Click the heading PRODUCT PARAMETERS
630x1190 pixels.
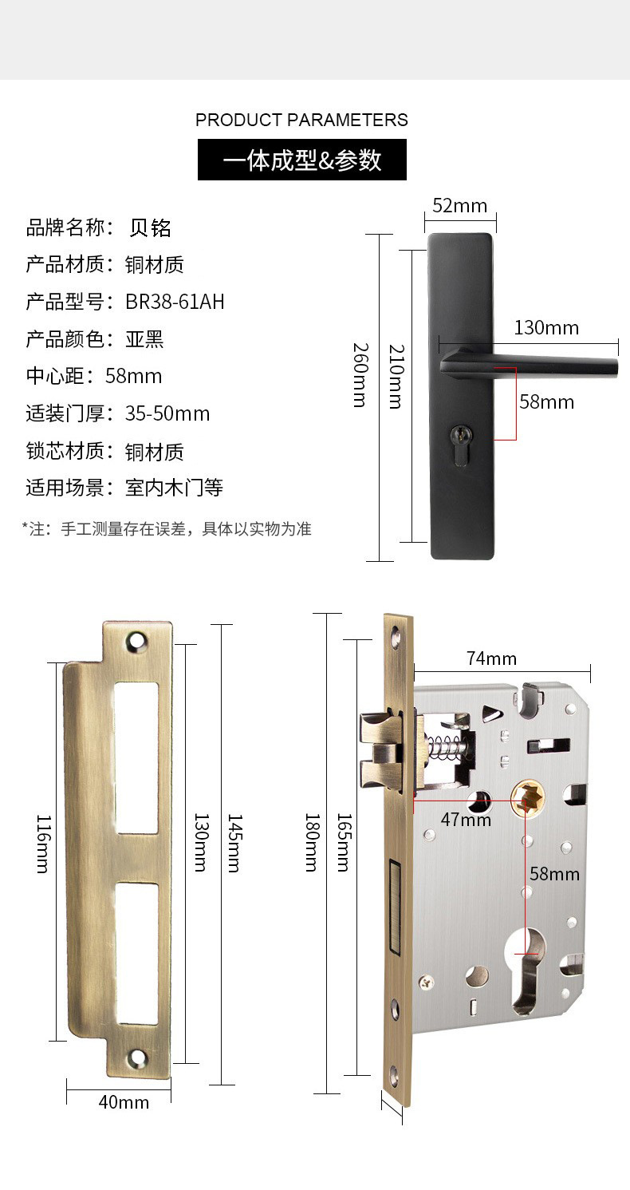click(x=301, y=120)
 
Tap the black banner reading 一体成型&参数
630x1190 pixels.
click(x=302, y=160)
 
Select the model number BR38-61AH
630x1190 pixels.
click(x=175, y=302)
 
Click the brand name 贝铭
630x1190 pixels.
click(x=150, y=228)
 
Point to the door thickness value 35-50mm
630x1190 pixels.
click(x=167, y=413)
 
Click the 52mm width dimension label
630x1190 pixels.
click(x=459, y=206)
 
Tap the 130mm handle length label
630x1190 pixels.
click(x=546, y=327)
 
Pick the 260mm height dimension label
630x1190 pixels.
click(x=360, y=375)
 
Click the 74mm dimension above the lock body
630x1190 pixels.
click(x=491, y=658)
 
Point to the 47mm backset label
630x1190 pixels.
click(x=466, y=820)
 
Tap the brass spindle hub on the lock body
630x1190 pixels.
click(x=526, y=799)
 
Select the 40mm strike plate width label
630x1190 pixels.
click(x=124, y=1102)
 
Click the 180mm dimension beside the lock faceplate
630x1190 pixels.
click(x=312, y=843)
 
